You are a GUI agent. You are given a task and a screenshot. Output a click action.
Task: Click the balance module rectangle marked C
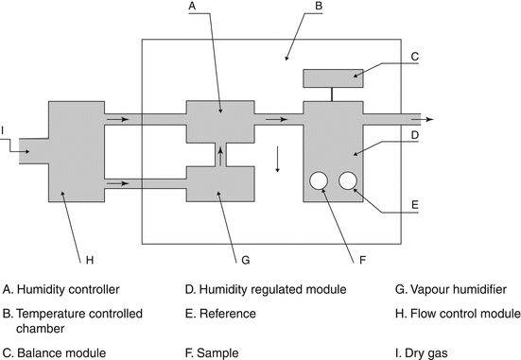333,78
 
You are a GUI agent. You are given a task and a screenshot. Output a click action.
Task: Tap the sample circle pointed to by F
319,180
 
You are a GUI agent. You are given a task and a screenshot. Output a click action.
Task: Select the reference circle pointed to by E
348,180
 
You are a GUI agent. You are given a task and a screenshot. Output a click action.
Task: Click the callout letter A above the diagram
192,6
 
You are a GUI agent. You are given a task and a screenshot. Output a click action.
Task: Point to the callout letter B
319,6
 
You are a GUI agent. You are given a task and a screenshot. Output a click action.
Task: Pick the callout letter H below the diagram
90,260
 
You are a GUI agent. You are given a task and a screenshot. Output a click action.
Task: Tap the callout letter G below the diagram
246,260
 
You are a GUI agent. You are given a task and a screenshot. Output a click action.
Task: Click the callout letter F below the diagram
362,260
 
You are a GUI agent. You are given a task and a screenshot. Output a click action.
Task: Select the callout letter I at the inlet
2,130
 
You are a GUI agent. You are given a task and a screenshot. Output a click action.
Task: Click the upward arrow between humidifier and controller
220,157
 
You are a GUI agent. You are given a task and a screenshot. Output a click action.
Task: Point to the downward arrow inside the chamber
277,159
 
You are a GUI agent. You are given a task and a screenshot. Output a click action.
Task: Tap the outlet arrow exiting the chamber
423,119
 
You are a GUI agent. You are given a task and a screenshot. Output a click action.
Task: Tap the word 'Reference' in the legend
228,314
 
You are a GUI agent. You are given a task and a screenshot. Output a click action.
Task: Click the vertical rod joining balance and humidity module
332,94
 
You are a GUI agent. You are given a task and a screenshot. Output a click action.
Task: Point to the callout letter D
415,135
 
